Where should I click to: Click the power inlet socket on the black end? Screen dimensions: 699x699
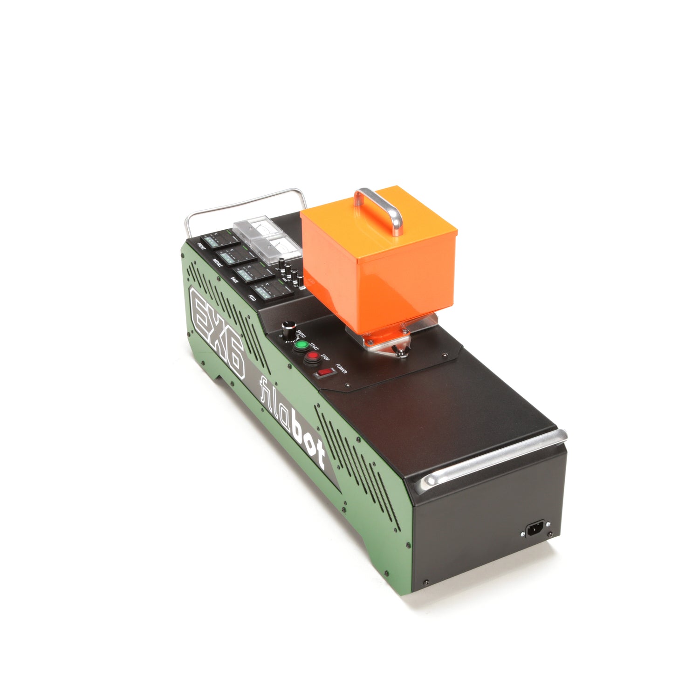(534, 530)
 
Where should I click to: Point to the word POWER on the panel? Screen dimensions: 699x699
(341, 369)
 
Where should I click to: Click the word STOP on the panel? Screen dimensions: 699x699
(325, 358)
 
